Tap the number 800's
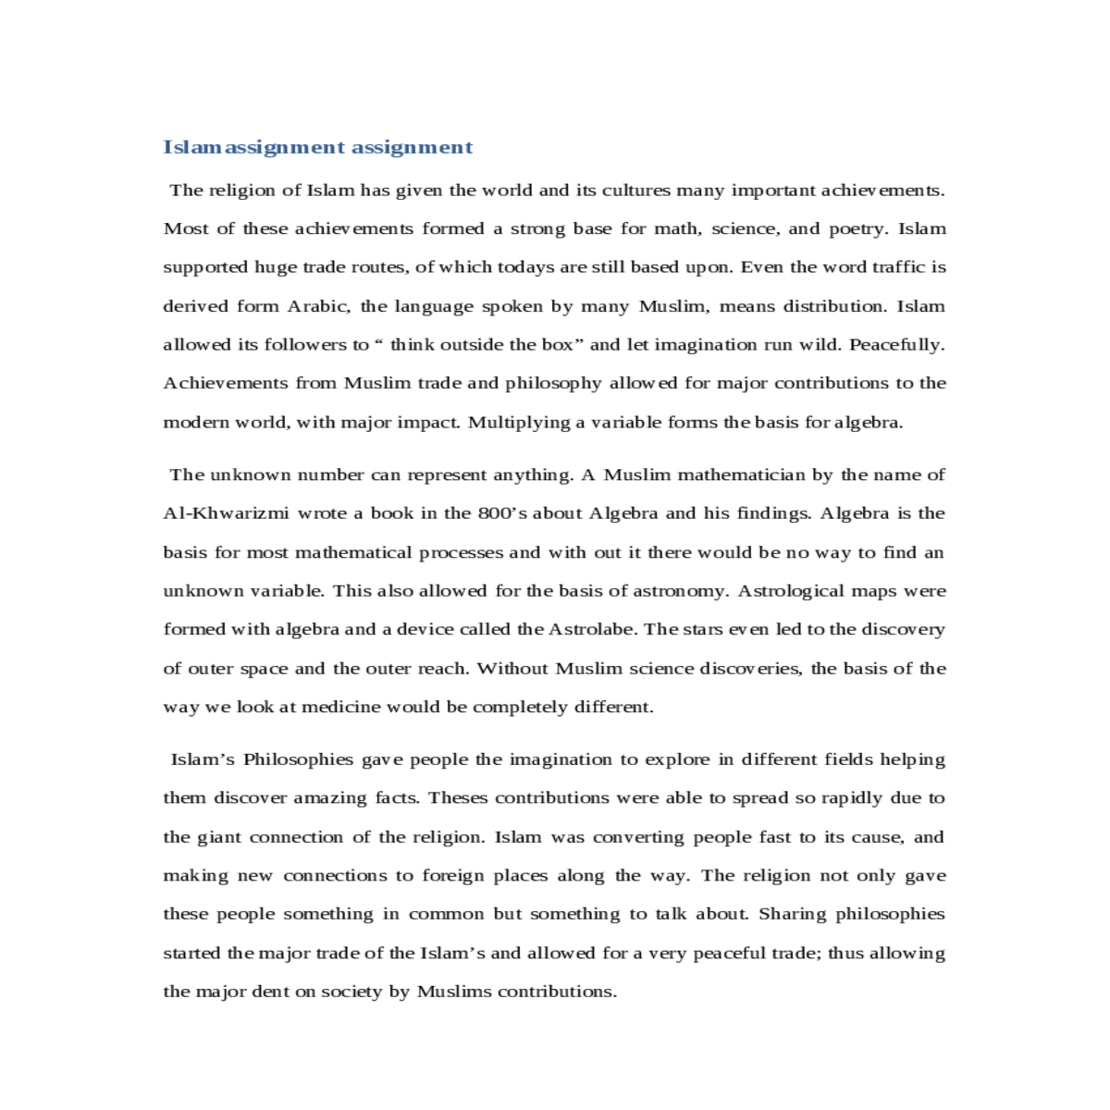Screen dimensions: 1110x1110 tap(502, 513)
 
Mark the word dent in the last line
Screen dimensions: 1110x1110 tap(270, 992)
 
